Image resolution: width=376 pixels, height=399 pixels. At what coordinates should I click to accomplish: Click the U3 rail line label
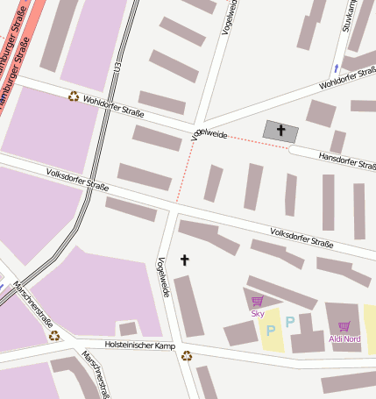click(x=116, y=67)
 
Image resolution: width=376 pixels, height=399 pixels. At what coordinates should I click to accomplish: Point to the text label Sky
click(x=258, y=313)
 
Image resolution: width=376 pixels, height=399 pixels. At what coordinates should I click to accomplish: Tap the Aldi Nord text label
click(x=344, y=338)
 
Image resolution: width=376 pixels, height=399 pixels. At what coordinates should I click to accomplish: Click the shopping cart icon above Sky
click(x=258, y=302)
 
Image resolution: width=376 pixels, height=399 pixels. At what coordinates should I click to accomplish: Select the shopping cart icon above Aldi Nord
click(x=344, y=326)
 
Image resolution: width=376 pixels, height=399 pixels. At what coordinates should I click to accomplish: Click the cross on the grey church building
click(x=281, y=131)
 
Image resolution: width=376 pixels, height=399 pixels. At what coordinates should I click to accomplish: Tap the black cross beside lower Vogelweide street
click(x=184, y=260)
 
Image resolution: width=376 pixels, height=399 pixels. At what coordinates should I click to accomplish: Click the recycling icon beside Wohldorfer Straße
click(x=74, y=96)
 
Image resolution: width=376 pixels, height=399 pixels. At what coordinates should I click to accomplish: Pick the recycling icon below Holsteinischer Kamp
click(x=186, y=355)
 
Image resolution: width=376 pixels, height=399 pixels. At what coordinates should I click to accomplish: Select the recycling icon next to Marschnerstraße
click(x=54, y=335)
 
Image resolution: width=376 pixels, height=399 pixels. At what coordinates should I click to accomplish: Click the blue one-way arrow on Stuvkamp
click(x=335, y=68)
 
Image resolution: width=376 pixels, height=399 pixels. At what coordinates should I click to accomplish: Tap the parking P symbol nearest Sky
click(x=270, y=331)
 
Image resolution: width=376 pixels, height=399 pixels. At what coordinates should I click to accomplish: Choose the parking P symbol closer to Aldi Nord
click(x=289, y=323)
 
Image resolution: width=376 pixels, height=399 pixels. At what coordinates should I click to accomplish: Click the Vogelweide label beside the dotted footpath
click(x=209, y=135)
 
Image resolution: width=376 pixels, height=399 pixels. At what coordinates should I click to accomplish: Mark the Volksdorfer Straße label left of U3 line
click(x=77, y=179)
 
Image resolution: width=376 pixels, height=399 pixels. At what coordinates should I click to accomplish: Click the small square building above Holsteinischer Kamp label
click(x=128, y=329)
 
